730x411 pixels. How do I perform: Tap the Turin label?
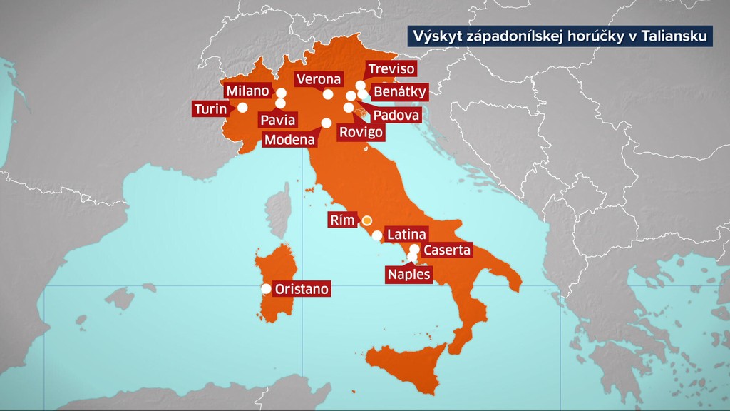click(x=210, y=109)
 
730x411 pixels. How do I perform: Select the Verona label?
click(x=319, y=79)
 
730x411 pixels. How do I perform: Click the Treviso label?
click(x=391, y=69)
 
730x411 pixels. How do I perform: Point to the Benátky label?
click(x=400, y=91)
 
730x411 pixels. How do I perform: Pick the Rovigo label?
click(x=360, y=132)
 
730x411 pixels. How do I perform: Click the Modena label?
click(x=289, y=140)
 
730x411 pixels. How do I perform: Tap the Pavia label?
click(x=277, y=120)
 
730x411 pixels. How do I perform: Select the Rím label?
click(x=342, y=220)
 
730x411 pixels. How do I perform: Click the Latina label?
click(x=406, y=234)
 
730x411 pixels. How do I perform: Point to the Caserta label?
click(x=447, y=250)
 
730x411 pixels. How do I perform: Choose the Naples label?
click(x=409, y=274)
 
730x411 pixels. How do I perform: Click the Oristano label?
click(x=302, y=289)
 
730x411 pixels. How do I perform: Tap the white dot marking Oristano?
click(x=266, y=289)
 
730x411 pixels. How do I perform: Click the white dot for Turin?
click(x=242, y=108)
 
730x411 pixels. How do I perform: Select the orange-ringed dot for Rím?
click(x=367, y=220)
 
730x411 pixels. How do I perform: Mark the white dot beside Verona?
click(x=328, y=93)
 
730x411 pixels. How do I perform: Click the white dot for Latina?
click(x=377, y=235)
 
